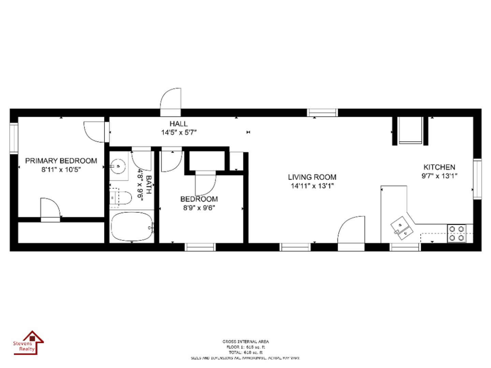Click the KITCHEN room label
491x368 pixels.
439,167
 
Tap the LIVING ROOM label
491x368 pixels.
312,177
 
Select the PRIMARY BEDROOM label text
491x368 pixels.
61,160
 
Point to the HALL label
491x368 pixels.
178,124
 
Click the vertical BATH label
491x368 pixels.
149,184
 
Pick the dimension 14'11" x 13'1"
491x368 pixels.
312,186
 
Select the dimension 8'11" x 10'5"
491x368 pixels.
61,170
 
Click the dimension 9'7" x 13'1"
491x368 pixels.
439,176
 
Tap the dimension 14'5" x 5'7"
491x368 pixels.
179,133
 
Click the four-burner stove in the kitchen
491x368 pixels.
457,233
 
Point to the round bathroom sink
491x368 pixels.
118,166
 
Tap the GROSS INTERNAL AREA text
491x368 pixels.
245,341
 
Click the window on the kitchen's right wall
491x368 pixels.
477,179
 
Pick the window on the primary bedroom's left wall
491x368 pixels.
14,138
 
